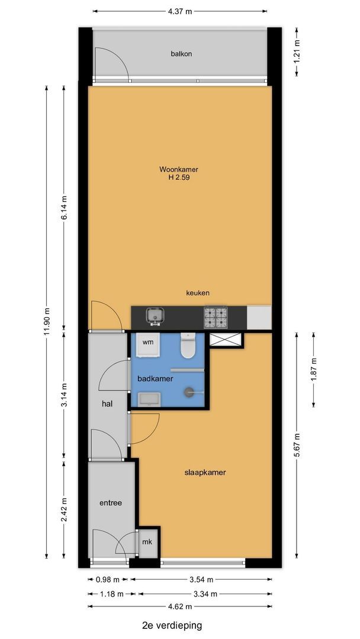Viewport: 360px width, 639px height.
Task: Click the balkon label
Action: point(181,53)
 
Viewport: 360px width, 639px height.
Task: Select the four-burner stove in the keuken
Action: point(216,318)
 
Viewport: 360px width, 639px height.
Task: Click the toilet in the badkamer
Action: point(188,346)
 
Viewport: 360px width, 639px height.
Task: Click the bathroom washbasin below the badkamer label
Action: point(149,399)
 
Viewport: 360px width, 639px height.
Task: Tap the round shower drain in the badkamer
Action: point(189,392)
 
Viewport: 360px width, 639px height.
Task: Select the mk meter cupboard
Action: point(147,542)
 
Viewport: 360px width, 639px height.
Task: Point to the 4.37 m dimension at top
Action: point(180,11)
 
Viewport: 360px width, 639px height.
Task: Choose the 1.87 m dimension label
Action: point(313,370)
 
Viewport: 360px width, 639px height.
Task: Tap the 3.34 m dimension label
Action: point(205,593)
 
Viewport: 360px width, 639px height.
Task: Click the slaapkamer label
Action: point(205,473)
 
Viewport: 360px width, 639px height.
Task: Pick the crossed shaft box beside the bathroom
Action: point(226,340)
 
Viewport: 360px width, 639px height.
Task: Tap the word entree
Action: point(111,503)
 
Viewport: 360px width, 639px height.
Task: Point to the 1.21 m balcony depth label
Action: point(297,51)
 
